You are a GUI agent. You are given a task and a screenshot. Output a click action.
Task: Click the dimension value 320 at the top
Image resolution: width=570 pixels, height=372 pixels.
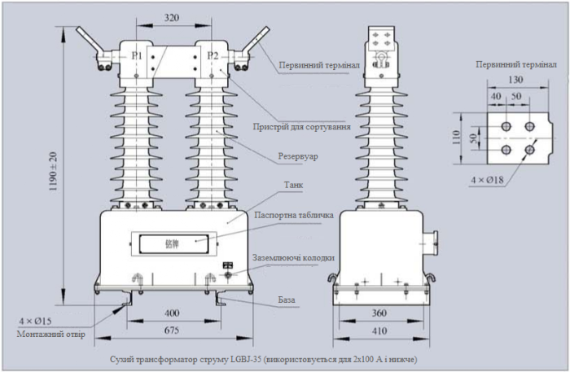pos(172,15)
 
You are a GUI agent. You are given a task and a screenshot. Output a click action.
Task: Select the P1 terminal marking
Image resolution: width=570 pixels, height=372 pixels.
pos(138,55)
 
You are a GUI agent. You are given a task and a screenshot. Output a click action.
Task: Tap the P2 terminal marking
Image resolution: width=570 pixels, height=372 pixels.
pos(213,55)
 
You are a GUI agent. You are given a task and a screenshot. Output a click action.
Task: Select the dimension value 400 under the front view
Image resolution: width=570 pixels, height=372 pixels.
pos(171,313)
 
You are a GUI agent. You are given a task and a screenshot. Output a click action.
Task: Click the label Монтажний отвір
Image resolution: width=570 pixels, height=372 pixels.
pos(49,335)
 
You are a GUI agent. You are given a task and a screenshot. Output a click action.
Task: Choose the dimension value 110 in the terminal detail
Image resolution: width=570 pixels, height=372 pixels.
pos(457,135)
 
